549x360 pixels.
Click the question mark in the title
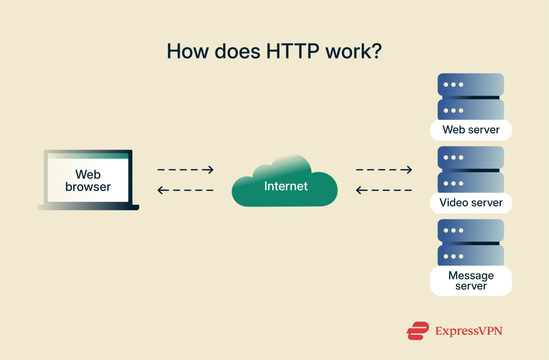click(x=376, y=50)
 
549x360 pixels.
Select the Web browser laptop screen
click(x=88, y=180)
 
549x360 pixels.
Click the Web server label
click(x=471, y=130)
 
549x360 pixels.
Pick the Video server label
click(x=471, y=203)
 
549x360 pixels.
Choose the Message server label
click(x=471, y=281)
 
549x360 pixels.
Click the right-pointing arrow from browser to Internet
click(x=186, y=170)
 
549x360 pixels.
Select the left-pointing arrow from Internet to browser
click(x=186, y=190)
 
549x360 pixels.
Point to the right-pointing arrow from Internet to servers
click(x=384, y=170)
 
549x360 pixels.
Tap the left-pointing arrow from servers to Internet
click(x=384, y=190)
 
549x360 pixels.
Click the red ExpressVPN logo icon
click(x=418, y=330)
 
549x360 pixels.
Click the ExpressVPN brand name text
click(x=469, y=331)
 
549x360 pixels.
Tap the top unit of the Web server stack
click(x=471, y=85)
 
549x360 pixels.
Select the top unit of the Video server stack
click(x=471, y=158)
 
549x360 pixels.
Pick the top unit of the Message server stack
click(x=471, y=231)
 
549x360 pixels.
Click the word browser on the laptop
click(x=88, y=187)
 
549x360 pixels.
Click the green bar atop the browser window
click(x=88, y=156)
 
